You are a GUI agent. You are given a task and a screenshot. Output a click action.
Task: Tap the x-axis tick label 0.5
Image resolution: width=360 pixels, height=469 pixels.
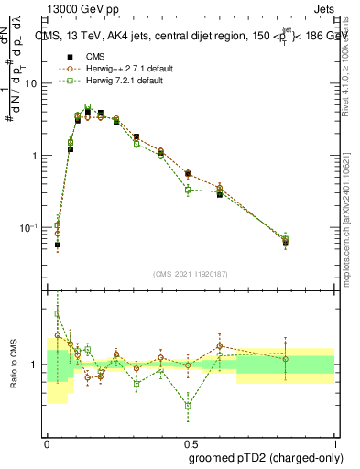coord(191,442)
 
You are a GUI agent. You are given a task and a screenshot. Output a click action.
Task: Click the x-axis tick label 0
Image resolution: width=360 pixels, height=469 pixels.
coord(47,442)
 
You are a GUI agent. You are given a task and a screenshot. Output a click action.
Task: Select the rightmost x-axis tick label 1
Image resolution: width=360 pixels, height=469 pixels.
coord(335,442)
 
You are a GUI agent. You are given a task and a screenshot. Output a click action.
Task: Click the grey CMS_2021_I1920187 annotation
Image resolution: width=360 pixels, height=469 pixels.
coord(191,273)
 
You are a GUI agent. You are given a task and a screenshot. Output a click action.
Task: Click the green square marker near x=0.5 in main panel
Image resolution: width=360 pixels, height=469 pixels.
coord(188,191)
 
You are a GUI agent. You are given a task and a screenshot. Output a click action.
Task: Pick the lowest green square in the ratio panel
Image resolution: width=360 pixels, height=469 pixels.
coord(188,405)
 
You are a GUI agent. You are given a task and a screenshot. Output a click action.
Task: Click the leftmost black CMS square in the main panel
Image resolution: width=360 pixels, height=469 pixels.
coord(57,245)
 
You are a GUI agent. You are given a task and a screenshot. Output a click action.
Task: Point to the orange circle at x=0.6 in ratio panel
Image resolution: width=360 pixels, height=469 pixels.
coord(220,346)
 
